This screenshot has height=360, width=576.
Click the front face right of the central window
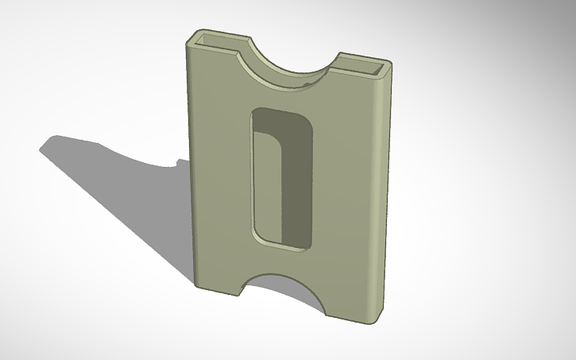[342, 199]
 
